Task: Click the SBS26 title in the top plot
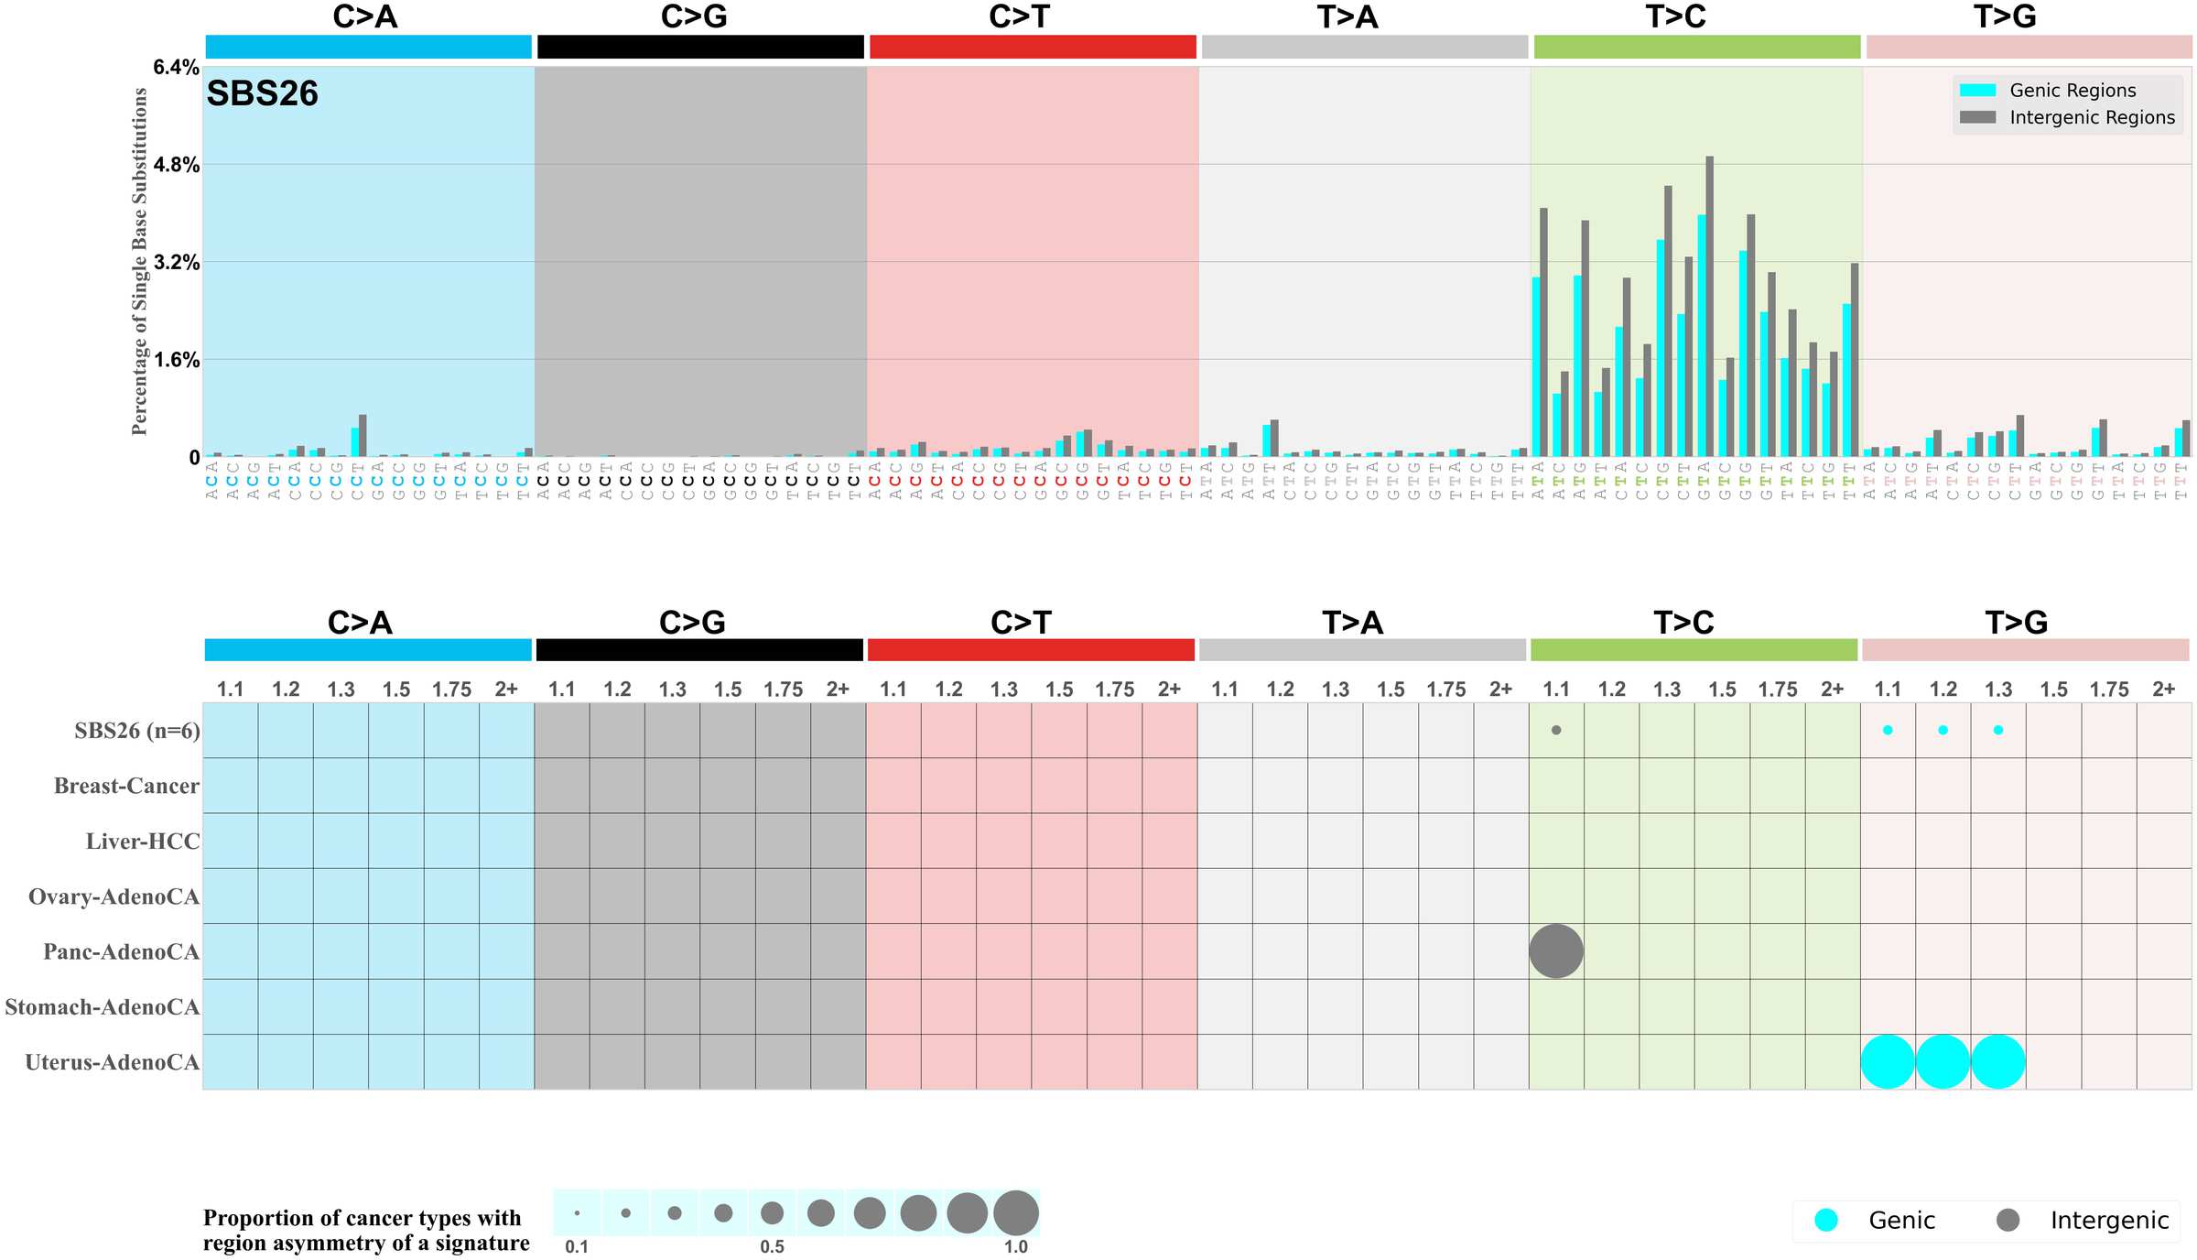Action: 262,93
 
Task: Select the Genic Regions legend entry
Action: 2072,90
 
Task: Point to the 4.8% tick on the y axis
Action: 177,165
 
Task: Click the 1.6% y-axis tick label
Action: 177,360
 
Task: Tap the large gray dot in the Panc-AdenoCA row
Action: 1555,950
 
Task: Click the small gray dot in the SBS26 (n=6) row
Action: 1555,730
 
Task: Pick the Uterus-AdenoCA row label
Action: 112,1062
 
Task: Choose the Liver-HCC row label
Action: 142,842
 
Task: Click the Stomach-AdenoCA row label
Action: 102,1007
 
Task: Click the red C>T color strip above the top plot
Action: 1033,47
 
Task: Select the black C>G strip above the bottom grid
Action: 699,650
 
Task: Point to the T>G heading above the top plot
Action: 2004,16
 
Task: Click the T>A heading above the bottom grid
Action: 1352,623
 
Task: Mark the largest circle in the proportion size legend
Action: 1015,1213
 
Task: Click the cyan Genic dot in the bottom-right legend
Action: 1825,1220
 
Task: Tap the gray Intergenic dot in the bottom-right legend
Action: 2008,1220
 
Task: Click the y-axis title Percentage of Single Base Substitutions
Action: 139,262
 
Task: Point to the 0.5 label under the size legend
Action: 772,1246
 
